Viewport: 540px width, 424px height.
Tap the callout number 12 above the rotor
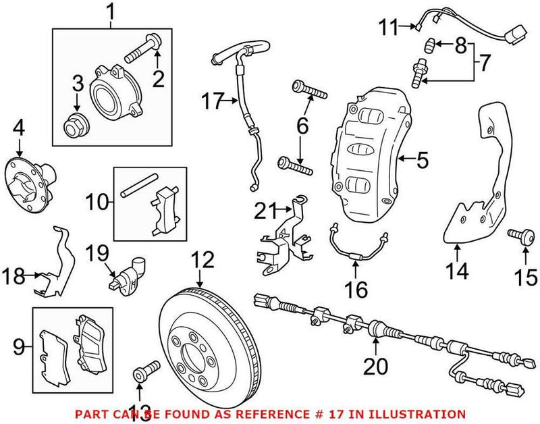tap(202, 260)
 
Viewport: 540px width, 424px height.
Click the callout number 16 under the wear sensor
tap(356, 290)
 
